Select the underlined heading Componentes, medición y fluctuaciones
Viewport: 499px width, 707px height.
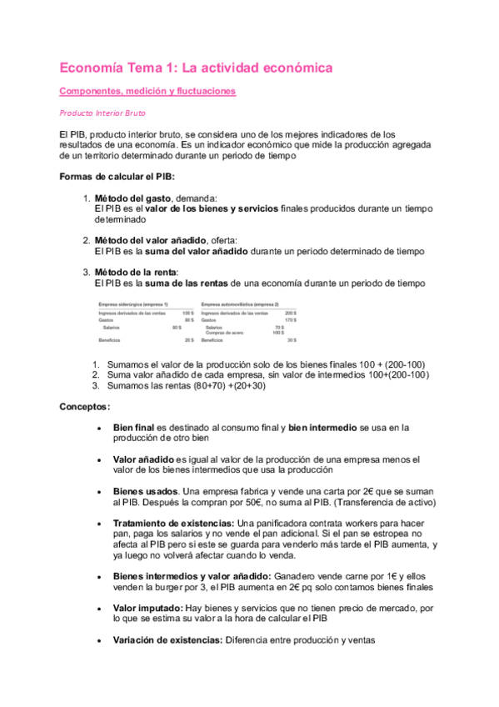pyautogui.click(x=147, y=91)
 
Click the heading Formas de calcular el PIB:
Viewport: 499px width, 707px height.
pyautogui.click(x=117, y=177)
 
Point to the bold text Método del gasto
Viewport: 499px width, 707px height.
pyautogui.click(x=133, y=198)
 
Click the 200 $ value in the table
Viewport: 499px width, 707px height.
pyautogui.click(x=291, y=313)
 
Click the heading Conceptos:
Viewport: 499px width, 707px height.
pyautogui.click(x=85, y=407)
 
